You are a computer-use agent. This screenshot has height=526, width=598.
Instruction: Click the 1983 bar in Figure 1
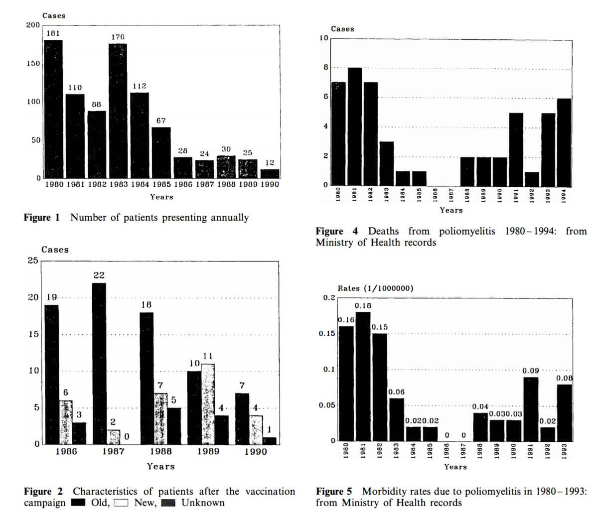pos(118,111)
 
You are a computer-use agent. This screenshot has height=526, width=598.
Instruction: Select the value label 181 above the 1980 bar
pos(53,33)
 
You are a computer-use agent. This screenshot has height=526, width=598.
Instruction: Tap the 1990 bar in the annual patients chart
pos(270,173)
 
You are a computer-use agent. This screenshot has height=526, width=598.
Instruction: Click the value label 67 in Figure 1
pos(160,121)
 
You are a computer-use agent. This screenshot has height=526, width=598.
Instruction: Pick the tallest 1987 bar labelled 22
pos(99,363)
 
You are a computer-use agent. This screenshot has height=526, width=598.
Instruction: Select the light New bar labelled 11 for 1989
pos(208,404)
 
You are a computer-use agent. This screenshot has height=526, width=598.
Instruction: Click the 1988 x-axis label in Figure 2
pos(160,451)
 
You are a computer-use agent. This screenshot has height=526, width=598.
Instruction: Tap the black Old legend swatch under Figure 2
pos(79,503)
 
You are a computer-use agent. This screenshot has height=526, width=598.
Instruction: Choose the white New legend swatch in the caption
pos(122,503)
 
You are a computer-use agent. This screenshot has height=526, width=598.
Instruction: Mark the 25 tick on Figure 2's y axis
pos(32,261)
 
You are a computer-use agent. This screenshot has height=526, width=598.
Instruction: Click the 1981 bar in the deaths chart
pos(354,126)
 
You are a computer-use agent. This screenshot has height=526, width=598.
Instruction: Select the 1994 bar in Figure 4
pos(564,141)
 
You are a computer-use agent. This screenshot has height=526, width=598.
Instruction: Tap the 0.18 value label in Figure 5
pos(363,305)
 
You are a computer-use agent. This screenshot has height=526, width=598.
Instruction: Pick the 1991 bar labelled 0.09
pos(531,409)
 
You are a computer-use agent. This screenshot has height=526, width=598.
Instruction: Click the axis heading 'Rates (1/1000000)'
pos(375,288)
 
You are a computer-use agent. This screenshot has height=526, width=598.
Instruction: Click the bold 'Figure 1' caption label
pos(42,217)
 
